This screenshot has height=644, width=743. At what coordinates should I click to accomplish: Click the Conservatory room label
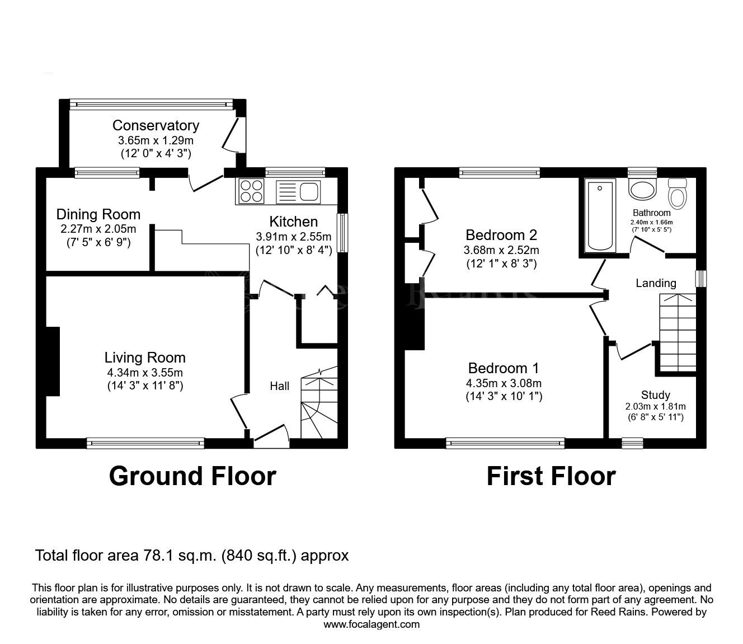(156, 125)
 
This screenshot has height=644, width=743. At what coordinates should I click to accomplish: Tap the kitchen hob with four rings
(251, 191)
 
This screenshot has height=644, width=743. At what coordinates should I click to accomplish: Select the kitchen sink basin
(309, 191)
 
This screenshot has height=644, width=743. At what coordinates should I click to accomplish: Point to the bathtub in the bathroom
(600, 216)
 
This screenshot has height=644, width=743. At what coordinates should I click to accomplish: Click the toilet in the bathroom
(678, 194)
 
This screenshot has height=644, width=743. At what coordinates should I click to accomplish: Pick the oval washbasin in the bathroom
(642, 189)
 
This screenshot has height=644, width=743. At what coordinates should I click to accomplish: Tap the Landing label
(656, 283)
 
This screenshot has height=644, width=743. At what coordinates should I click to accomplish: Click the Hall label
(280, 386)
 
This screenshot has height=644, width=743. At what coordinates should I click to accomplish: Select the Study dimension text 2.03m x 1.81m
(655, 407)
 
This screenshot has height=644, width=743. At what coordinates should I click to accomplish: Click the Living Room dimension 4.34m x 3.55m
(145, 373)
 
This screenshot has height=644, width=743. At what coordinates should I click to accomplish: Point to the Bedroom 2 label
(501, 235)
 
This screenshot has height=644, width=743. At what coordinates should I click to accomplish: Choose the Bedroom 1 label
(504, 368)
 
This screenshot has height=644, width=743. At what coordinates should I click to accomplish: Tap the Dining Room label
(98, 215)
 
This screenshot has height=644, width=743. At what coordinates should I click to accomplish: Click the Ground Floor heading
(192, 477)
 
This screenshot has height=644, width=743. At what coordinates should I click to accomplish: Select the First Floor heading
(551, 477)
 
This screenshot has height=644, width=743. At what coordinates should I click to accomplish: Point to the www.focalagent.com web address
(371, 624)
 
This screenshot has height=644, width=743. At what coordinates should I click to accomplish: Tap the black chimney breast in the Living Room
(53, 361)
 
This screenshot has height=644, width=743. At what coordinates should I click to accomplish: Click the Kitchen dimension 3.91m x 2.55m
(293, 237)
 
